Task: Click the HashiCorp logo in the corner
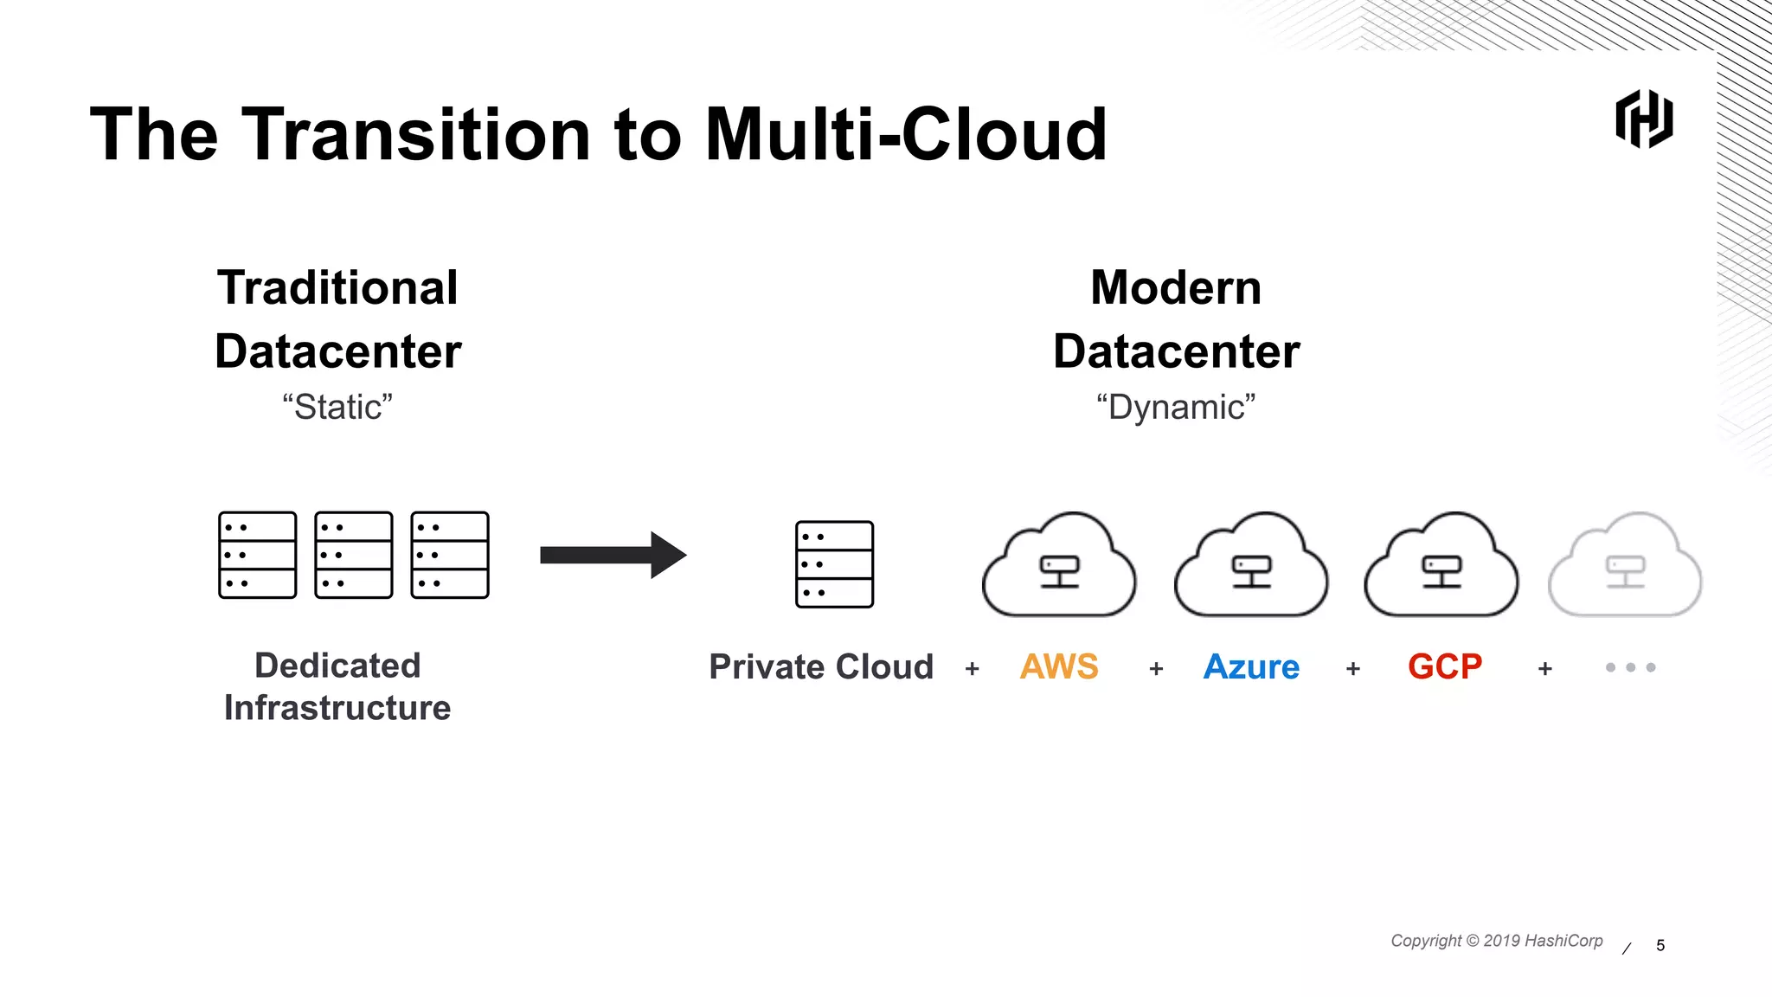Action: coord(1644,119)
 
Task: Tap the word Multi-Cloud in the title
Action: coord(905,135)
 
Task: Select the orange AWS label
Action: coord(1059,667)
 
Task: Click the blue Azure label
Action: coord(1251,667)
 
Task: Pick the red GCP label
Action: coord(1445,667)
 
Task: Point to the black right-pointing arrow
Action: coord(613,555)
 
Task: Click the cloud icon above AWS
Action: coord(1059,566)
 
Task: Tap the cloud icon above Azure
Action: coord(1251,566)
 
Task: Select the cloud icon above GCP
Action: coord(1441,566)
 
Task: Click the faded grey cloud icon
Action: coord(1625,566)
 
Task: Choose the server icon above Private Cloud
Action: coord(834,564)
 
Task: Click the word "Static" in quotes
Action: coord(337,407)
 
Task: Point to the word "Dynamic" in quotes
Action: coord(1176,407)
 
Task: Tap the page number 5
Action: coord(1660,945)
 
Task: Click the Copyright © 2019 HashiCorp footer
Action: coord(1496,941)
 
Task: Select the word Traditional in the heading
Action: coord(337,287)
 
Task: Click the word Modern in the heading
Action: coord(1176,287)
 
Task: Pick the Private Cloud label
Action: coord(821,667)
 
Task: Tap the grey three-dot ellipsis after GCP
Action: coord(1630,667)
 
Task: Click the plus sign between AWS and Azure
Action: coord(1156,669)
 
